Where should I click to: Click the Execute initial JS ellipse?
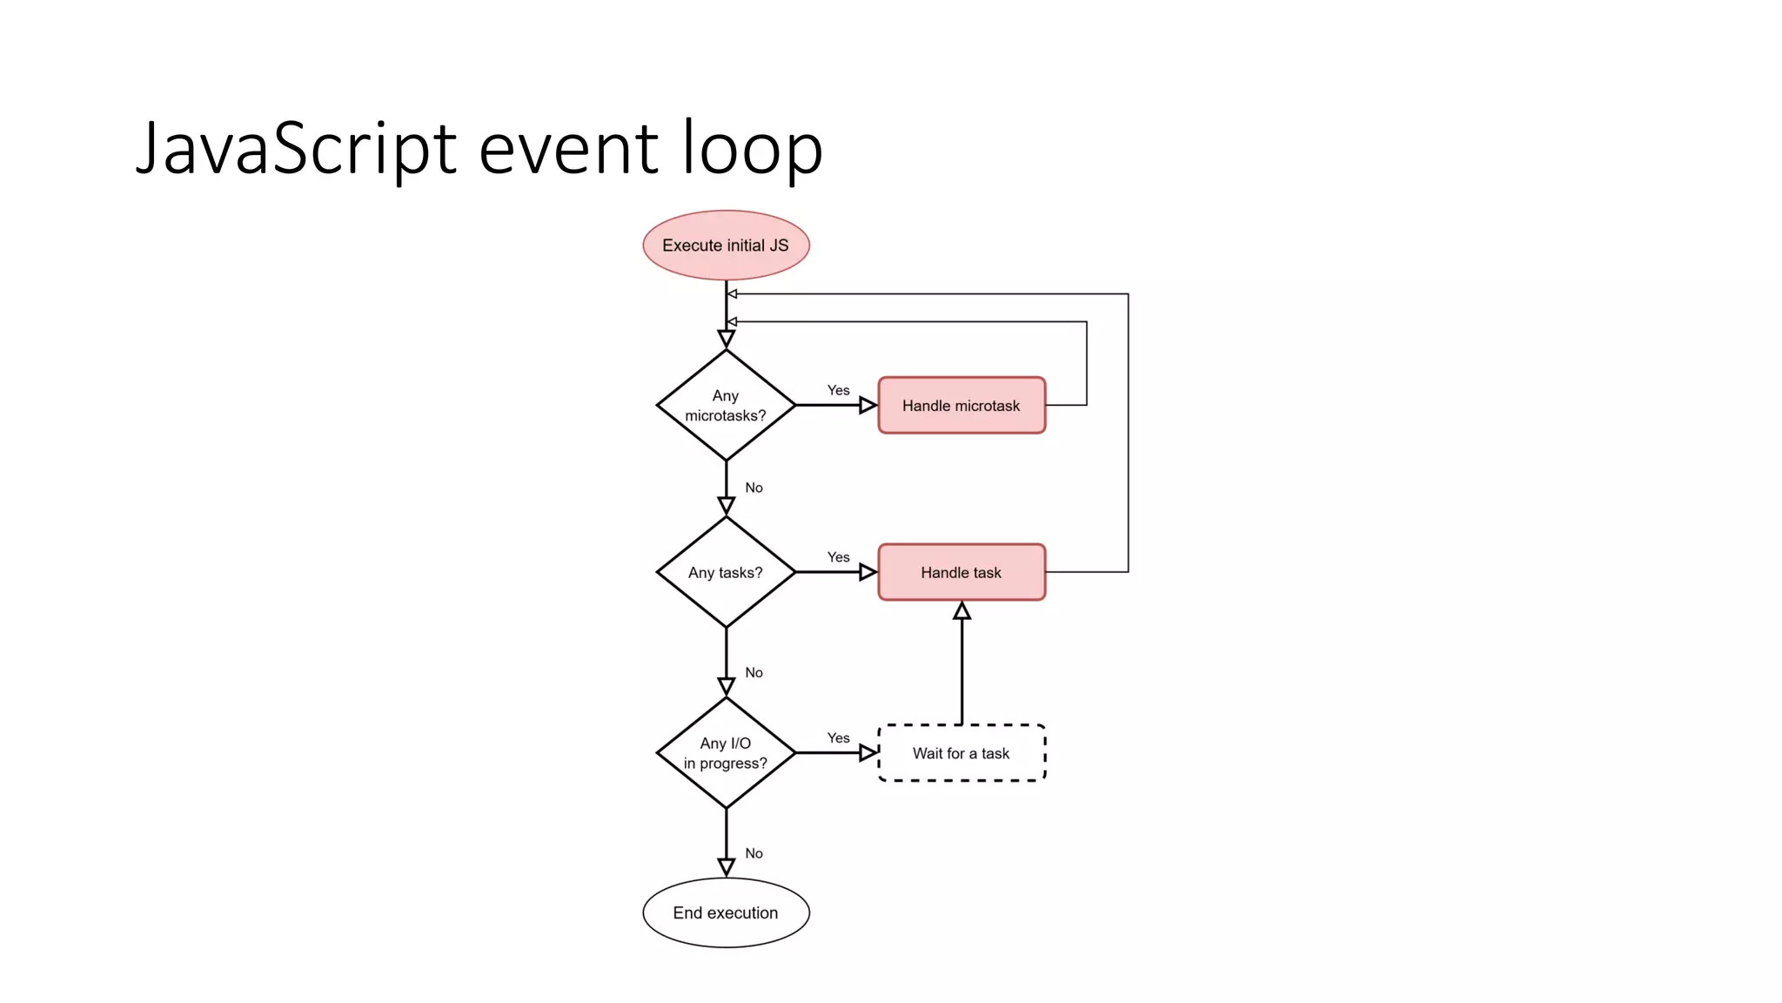726,246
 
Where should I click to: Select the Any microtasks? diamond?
726,406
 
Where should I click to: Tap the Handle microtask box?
961,406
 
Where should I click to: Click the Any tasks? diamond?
726,572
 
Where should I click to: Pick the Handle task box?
961,572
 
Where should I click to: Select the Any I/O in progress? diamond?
726,753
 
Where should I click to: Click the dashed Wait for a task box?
961,753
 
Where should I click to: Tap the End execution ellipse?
726,912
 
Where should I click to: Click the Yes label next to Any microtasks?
838,390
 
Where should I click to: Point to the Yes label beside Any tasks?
838,557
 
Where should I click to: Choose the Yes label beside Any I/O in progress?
838,738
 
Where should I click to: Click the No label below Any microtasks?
754,488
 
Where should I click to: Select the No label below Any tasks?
754,672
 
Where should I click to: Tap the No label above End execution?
754,853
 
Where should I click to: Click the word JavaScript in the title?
296,148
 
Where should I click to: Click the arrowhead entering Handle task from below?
961,611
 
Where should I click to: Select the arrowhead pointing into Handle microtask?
868,406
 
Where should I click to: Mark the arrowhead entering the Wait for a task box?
868,753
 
